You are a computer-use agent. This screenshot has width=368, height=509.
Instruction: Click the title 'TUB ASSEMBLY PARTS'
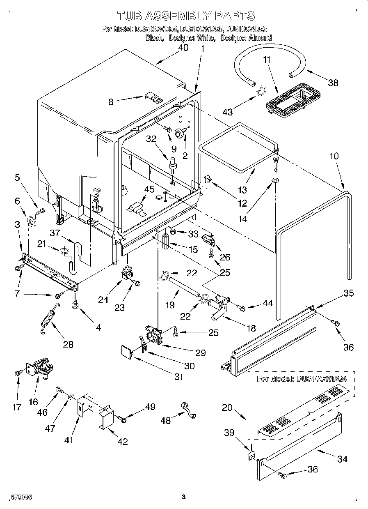point(186,16)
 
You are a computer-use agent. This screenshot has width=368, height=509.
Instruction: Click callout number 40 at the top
point(183,47)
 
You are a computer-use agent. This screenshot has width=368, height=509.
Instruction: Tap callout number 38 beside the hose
point(333,83)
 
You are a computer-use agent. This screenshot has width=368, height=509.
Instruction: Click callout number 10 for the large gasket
point(334,156)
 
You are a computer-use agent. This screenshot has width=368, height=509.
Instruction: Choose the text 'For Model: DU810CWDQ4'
point(301,378)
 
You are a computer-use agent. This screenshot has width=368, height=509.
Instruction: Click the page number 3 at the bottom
point(183,497)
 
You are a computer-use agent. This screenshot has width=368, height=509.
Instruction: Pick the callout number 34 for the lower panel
point(342,459)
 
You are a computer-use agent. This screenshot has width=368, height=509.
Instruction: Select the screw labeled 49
point(122,419)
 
